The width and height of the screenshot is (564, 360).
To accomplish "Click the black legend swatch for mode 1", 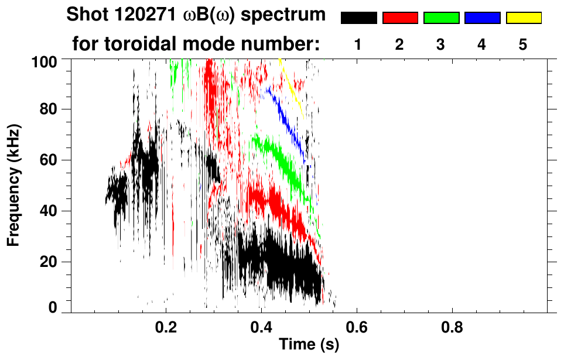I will (x=358, y=18).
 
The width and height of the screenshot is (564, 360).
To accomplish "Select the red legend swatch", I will (x=400, y=18).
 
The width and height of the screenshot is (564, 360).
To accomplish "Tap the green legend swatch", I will (x=441, y=18).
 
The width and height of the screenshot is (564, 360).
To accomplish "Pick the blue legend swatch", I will (x=482, y=18).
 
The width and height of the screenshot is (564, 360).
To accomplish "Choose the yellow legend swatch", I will (x=524, y=18).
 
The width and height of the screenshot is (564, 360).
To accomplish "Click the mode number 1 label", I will (x=358, y=44).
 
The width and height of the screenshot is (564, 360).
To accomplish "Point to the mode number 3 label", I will (x=441, y=44).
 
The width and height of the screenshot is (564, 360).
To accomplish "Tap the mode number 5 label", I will (x=524, y=44).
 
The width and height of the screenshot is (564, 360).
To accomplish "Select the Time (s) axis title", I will (x=309, y=345).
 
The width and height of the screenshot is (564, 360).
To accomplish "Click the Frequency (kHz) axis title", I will (x=13, y=184).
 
